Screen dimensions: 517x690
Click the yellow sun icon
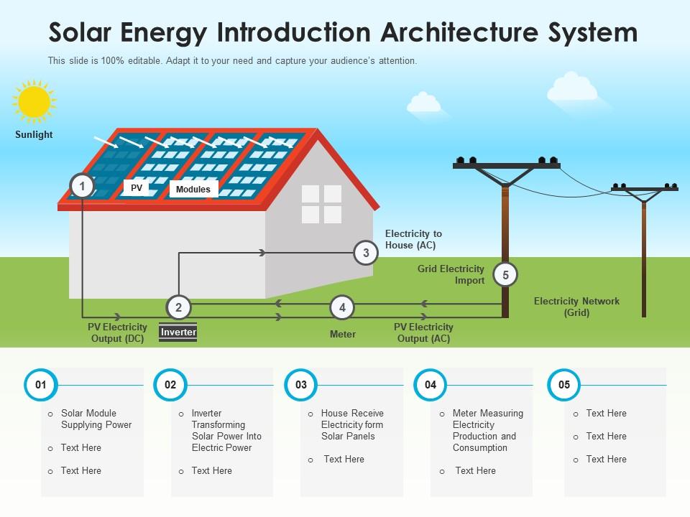pyautogui.click(x=34, y=102)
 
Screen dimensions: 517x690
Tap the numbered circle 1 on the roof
pyautogui.click(x=83, y=187)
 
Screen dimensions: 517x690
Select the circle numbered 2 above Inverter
pyautogui.click(x=178, y=308)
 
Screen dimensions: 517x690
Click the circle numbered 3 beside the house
pyautogui.click(x=366, y=253)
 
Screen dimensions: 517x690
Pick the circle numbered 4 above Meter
pyautogui.click(x=342, y=308)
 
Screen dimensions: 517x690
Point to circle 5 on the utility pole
pyautogui.click(x=506, y=275)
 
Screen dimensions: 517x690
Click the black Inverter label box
pyautogui.click(x=178, y=332)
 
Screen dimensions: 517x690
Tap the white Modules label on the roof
pyautogui.click(x=193, y=190)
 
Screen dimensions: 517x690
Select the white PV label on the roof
pyautogui.click(x=136, y=188)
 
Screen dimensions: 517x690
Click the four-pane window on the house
pyautogui.click(x=321, y=204)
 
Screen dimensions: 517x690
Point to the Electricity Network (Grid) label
pyautogui.click(x=576, y=307)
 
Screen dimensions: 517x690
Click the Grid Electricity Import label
pyautogui.click(x=451, y=275)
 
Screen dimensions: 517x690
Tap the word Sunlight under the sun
pyautogui.click(x=34, y=134)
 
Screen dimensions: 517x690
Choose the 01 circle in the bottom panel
pyautogui.click(x=41, y=385)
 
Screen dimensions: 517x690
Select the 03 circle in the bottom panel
pyautogui.click(x=301, y=385)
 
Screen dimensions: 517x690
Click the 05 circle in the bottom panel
pyautogui.click(x=564, y=385)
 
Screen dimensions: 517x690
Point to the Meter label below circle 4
pyautogui.click(x=343, y=334)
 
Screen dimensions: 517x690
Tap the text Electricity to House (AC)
pyautogui.click(x=413, y=239)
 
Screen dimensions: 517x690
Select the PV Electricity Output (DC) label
pyautogui.click(x=117, y=333)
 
